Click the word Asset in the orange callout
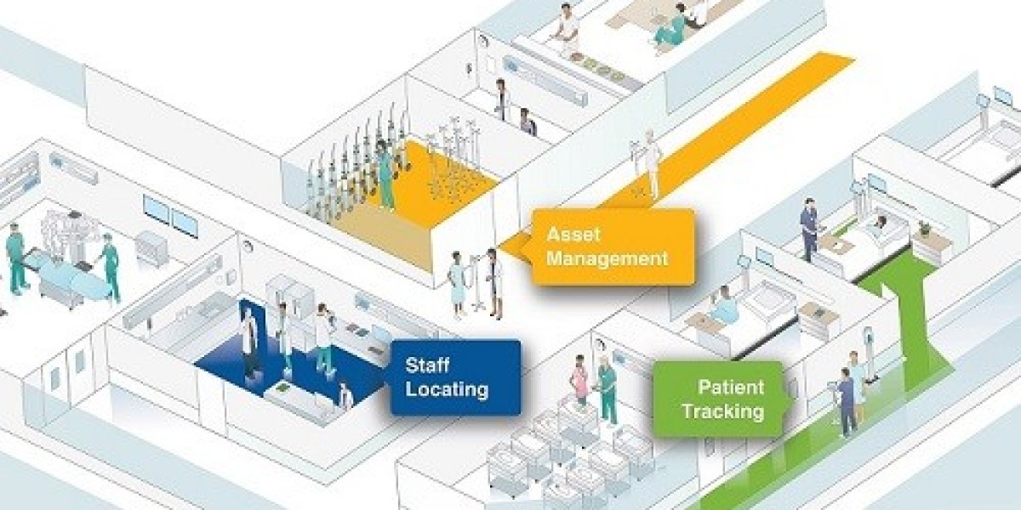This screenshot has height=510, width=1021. coord(573,234)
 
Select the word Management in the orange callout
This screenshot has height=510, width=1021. coord(607,259)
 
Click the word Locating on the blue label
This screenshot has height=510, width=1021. coord(447,390)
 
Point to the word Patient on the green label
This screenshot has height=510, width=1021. coord(731,387)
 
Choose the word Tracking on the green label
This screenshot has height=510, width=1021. coord(723,411)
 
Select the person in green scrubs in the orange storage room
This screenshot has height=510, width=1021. coord(385,174)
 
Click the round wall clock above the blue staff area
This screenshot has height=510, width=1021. coord(248,246)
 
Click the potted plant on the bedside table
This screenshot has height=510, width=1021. coord(924,228)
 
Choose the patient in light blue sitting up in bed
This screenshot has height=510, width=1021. coord(724,303)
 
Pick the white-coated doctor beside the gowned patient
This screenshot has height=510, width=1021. coord(494,283)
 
